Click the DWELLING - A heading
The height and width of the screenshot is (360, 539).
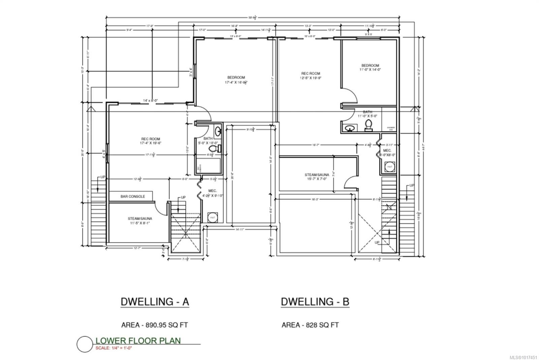click(x=155, y=302)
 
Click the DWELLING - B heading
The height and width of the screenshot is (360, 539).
click(x=315, y=302)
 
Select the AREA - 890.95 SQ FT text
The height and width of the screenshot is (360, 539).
click(x=154, y=325)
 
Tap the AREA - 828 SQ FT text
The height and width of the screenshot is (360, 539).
click(x=310, y=325)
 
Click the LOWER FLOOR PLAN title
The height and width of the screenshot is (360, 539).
click(x=138, y=341)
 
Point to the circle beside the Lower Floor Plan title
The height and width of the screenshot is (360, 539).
click(x=85, y=344)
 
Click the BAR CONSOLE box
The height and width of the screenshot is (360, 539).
click(x=131, y=196)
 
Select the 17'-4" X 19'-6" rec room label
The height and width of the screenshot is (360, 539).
click(x=150, y=141)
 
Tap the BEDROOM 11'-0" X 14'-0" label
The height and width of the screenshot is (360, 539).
click(x=370, y=67)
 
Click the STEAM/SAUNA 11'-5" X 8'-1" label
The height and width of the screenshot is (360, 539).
click(x=139, y=221)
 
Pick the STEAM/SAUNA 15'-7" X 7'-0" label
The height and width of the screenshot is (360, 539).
click(x=317, y=177)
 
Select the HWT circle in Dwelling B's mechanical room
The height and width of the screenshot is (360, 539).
click(x=390, y=167)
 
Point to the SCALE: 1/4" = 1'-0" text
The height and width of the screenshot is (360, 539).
click(x=114, y=348)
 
